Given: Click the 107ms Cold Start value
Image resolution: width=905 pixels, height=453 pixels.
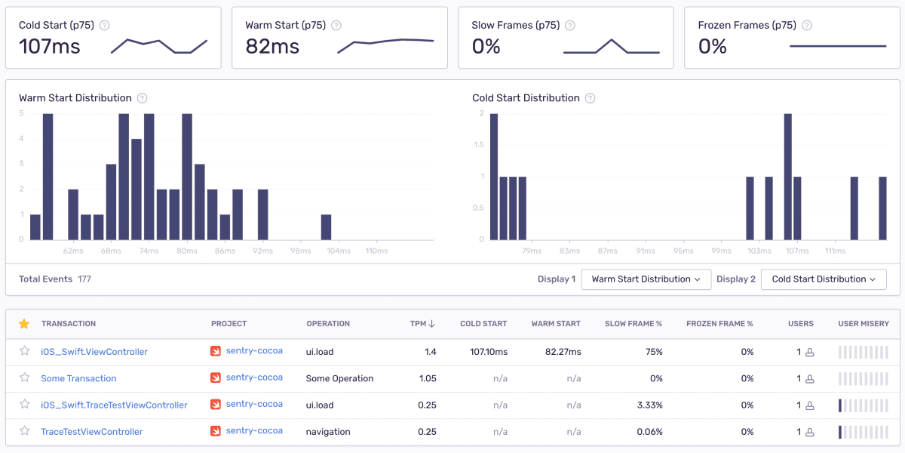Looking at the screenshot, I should click(50, 47).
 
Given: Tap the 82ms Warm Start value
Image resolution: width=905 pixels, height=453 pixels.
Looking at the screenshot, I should click(272, 47).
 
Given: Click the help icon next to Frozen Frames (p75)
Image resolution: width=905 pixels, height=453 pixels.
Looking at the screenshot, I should click(807, 26).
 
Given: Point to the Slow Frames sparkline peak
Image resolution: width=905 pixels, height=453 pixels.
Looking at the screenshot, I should click(612, 40).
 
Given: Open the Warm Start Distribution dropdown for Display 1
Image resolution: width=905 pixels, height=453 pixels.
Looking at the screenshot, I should click(646, 279).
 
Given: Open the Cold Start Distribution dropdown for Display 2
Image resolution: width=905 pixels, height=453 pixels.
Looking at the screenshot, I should click(824, 279).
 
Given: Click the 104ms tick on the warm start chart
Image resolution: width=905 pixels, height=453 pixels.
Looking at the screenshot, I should click(339, 251).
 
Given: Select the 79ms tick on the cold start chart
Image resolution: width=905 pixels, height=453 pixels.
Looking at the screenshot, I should click(531, 251).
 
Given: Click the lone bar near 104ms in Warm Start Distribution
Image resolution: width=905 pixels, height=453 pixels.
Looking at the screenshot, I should click(326, 226).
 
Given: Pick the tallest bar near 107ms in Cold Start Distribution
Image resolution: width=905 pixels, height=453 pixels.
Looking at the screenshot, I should click(787, 177).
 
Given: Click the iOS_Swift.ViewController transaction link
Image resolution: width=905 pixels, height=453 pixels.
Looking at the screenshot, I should click(94, 352).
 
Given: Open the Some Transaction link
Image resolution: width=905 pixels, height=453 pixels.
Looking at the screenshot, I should click(78, 378).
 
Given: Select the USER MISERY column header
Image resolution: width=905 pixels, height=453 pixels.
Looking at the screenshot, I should click(863, 324).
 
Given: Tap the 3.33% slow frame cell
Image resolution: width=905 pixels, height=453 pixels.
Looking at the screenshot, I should click(649, 405).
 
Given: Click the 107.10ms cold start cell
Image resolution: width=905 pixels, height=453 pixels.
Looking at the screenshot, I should click(488, 352).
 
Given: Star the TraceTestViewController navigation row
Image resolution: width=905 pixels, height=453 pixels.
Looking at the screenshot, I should click(24, 431).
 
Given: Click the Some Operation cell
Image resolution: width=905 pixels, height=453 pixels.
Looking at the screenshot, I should click(339, 378).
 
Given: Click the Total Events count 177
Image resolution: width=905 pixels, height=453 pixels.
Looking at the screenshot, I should click(84, 279).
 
